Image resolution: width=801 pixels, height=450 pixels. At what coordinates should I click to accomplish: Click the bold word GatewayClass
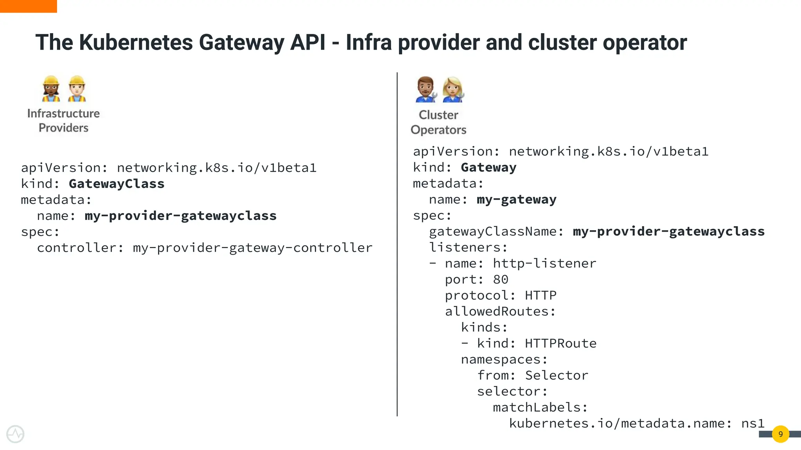(x=117, y=184)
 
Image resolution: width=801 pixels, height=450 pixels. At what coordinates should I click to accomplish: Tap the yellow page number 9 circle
(x=780, y=434)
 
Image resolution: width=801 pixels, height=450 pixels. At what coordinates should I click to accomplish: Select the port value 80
(x=501, y=280)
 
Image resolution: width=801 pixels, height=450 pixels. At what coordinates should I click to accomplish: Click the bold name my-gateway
(x=516, y=200)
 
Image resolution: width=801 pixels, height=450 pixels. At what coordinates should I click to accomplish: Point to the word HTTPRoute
(x=560, y=343)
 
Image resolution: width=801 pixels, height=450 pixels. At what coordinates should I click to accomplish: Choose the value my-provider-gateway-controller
(x=253, y=248)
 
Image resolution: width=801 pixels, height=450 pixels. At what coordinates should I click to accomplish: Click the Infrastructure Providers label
(x=63, y=120)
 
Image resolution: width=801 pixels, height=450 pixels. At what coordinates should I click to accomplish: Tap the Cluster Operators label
(x=438, y=122)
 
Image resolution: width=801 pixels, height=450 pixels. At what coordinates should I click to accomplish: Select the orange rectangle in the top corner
(x=28, y=6)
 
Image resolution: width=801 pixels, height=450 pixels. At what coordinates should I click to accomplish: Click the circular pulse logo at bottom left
(x=15, y=434)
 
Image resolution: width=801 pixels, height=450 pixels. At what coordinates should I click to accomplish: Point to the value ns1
(x=753, y=423)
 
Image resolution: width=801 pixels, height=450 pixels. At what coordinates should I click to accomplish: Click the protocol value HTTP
(x=541, y=295)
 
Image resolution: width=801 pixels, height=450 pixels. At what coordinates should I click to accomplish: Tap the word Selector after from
(x=556, y=375)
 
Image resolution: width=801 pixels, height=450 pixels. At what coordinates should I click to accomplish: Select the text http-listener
(x=544, y=264)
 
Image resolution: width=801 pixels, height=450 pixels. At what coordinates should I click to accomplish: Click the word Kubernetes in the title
(x=136, y=42)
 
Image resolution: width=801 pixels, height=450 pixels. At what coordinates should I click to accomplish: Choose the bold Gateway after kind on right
(x=489, y=168)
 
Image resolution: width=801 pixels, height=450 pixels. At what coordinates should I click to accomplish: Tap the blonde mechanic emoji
(x=453, y=89)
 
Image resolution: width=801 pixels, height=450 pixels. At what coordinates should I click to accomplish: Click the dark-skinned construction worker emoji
(x=51, y=89)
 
